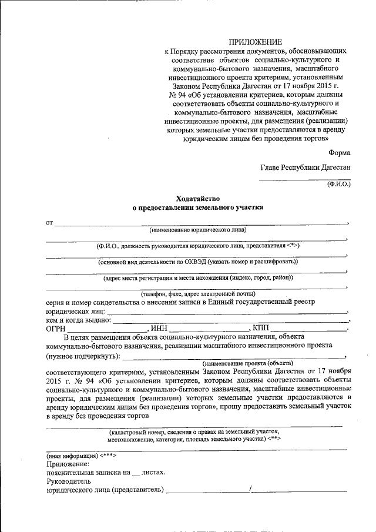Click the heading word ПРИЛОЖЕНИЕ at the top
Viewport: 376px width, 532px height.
coord(256,42)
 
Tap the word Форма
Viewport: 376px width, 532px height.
coord(340,152)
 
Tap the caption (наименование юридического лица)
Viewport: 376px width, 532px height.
coord(197,229)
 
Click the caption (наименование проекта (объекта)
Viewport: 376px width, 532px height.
coord(247,364)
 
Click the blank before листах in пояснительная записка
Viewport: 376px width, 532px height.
coord(136,471)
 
